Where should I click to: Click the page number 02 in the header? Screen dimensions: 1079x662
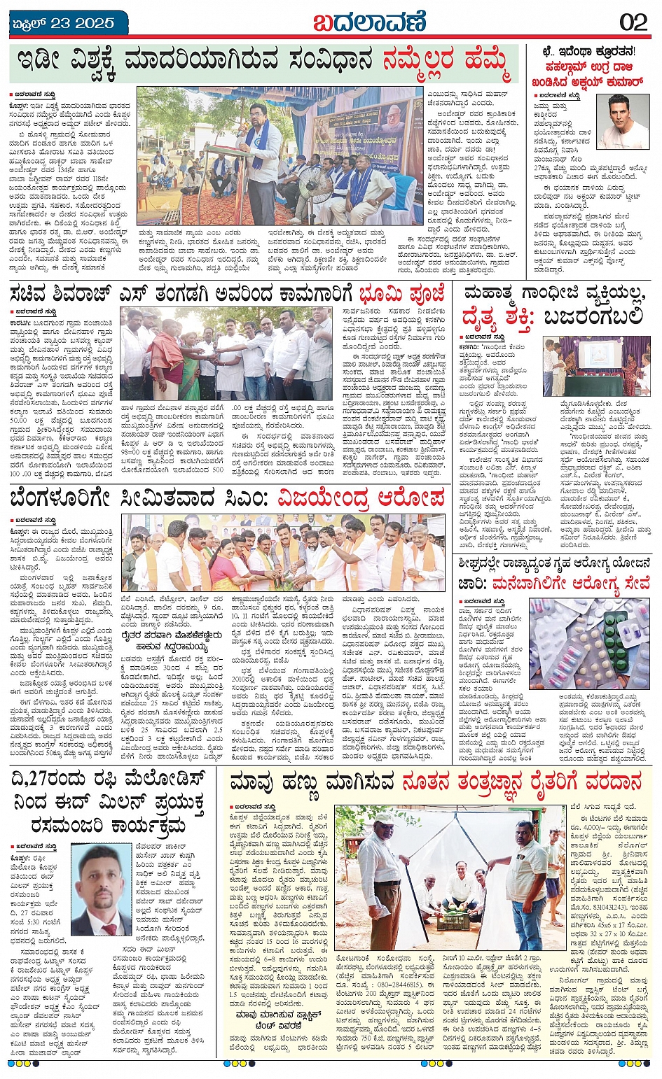(x=633, y=22)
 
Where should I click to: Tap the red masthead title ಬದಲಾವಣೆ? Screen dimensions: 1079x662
(x=369, y=22)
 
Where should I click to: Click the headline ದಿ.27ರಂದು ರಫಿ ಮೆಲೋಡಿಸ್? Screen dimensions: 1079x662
(x=109, y=779)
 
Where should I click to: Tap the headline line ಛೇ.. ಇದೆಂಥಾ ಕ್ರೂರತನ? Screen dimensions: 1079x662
(x=591, y=51)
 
